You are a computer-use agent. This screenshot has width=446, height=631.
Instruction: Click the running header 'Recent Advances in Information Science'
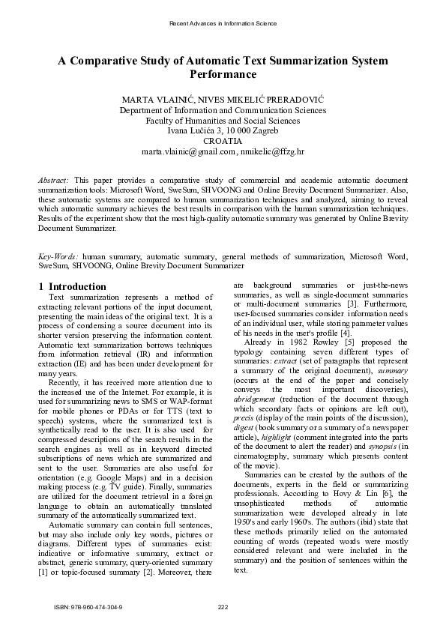click(223, 24)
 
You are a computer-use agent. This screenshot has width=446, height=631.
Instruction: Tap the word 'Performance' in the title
click(223, 75)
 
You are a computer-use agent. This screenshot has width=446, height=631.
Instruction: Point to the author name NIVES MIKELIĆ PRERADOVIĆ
click(268, 99)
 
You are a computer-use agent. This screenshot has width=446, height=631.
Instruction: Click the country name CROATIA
click(223, 141)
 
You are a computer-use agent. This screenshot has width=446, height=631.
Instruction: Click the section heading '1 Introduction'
click(72, 286)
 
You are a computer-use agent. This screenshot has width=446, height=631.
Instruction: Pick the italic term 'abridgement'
click(255, 400)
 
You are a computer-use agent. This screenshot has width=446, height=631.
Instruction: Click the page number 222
click(223, 606)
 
